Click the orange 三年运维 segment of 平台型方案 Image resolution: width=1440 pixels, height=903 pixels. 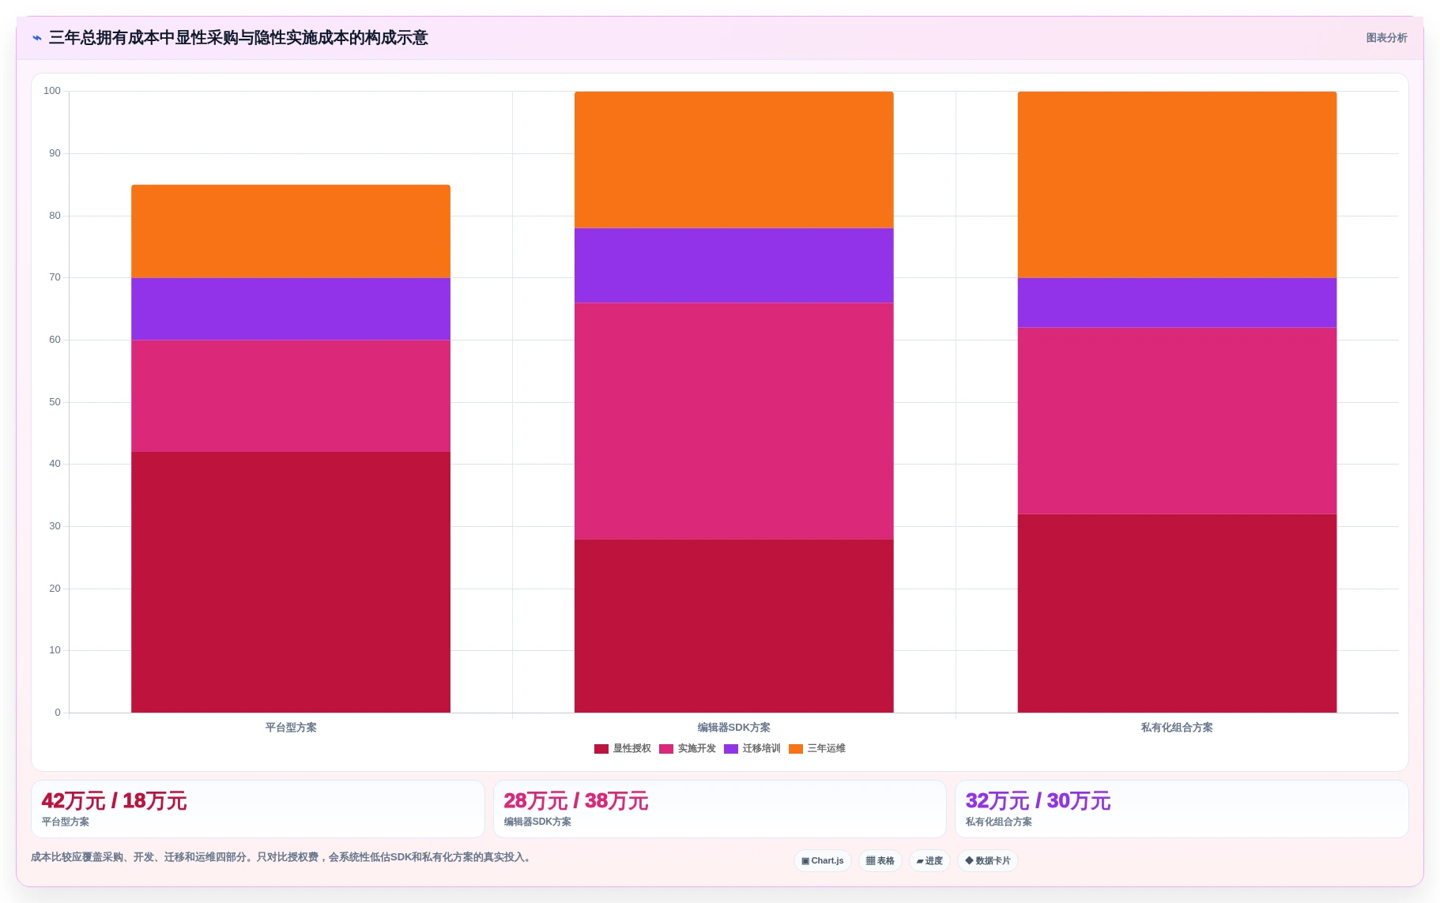tap(291, 231)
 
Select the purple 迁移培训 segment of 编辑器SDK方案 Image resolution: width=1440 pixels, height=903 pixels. tap(734, 265)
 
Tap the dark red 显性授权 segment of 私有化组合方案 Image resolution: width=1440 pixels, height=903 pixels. tap(1177, 613)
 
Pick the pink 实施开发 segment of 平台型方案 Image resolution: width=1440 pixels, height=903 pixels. tap(291, 396)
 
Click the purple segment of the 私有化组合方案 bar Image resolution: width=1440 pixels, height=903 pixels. tap(1177, 303)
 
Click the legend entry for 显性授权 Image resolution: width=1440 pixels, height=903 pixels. tap(623, 748)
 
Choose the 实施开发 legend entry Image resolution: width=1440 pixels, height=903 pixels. tap(688, 748)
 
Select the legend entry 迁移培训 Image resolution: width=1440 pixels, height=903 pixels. tap(752, 748)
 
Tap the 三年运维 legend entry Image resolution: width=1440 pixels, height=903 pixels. tap(817, 748)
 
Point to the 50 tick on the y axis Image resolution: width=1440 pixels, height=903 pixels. tap(55, 402)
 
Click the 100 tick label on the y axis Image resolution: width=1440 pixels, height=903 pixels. tap(52, 91)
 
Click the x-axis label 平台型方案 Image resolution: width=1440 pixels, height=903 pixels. tap(291, 728)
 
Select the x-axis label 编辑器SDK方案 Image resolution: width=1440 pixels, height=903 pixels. tap(733, 728)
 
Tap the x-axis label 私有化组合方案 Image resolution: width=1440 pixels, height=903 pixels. tap(1177, 728)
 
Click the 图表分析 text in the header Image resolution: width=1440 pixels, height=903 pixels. tap(1387, 38)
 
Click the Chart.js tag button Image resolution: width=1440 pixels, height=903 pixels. tap(823, 860)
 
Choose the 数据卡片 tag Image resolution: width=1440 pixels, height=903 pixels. tap(988, 860)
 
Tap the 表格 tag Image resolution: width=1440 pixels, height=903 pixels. tap(880, 860)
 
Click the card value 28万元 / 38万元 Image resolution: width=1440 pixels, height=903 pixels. tap(576, 801)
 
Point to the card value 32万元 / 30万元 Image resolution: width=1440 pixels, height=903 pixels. tap(1038, 801)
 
